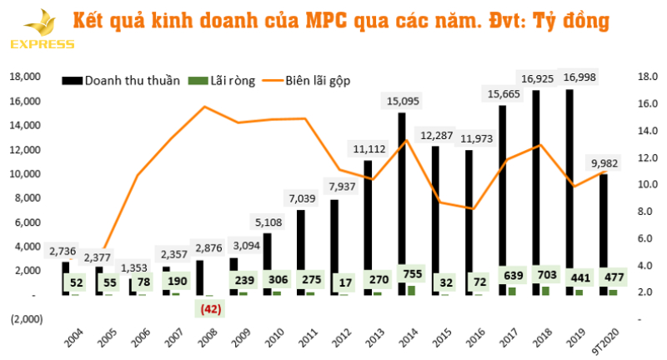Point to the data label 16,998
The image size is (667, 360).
coord(579,77)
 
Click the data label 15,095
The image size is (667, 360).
coord(404,101)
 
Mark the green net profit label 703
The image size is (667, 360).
coord(544,274)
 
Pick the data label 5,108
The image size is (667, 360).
coord(268,222)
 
